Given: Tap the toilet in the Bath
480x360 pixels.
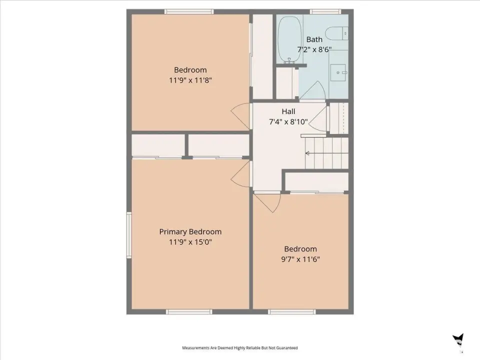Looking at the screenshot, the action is tap(336, 33).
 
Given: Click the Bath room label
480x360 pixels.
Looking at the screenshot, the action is tap(314, 39).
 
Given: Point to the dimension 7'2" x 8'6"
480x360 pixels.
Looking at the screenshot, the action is tap(314, 49).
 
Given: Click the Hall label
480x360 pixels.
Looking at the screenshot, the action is tap(288, 111).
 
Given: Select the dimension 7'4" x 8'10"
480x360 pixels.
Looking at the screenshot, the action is tap(288, 122).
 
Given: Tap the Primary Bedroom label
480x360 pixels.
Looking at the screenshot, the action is tap(190, 231).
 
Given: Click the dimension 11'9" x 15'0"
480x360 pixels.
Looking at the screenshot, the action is tap(190, 242).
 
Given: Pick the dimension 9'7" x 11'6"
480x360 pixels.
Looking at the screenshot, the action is tap(300, 259).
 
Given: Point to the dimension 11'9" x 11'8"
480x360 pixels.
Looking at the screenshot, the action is tap(190, 80).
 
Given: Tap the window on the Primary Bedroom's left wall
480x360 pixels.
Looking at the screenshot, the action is tap(129, 235).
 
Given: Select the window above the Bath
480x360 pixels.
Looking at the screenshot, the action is tap(325, 11).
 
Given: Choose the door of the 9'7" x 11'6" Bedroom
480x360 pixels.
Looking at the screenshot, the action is tap(267, 202).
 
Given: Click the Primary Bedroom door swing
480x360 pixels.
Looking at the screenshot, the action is tap(241, 173).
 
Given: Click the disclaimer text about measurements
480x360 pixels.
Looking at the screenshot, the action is tap(240, 348).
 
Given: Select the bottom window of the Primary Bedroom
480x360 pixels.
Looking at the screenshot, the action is tap(189, 311).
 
